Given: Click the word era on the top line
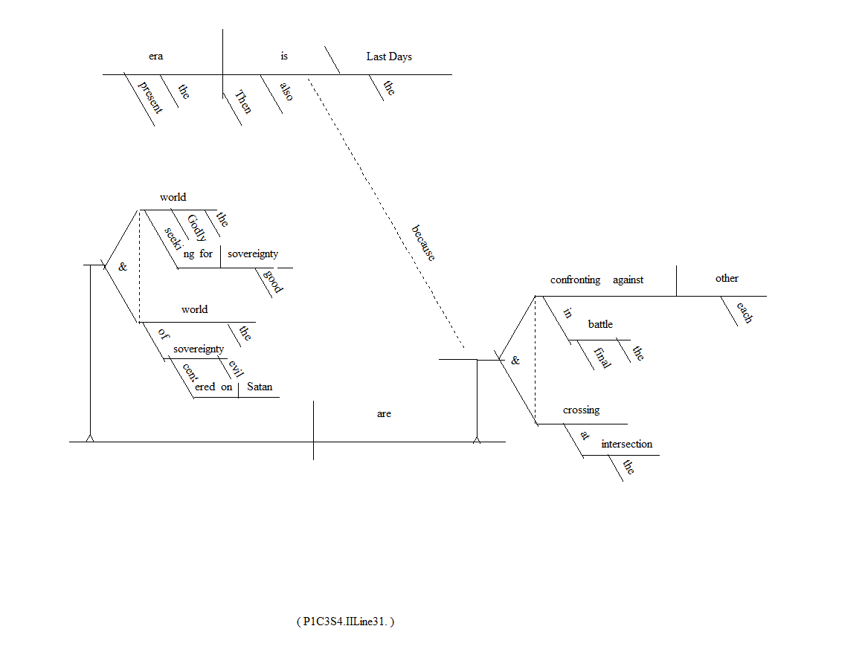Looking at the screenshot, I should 155,56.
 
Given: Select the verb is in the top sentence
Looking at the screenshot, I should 284,56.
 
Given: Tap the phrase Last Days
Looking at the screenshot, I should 388,56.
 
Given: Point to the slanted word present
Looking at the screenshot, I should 149,96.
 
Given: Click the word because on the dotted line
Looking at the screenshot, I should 423,242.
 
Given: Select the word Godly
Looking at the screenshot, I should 197,227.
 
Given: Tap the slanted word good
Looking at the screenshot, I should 273,282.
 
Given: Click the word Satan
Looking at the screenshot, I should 259,387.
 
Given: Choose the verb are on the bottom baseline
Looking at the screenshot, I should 384,413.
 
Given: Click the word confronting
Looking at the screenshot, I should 575,280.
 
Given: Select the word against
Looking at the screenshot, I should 628,280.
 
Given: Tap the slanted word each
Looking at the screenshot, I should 744,312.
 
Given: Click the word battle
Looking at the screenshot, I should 600,324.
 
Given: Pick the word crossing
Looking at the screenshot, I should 581,410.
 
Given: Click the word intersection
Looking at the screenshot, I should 626,445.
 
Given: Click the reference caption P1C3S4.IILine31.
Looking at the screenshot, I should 344,621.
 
